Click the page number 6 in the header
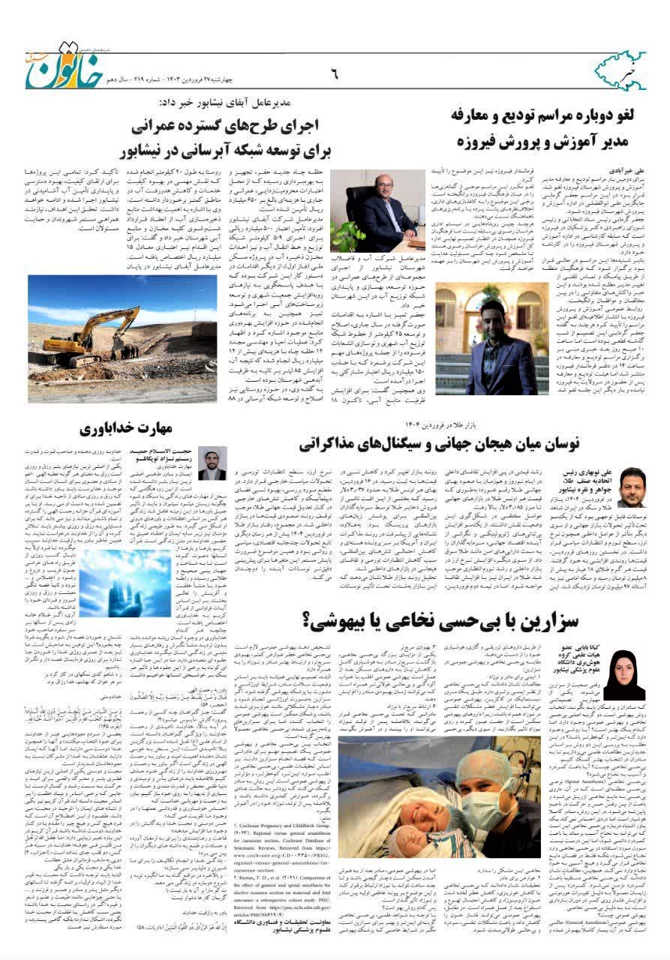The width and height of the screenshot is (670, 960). [x=335, y=74]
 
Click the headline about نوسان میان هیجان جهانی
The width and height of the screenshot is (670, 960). [x=439, y=443]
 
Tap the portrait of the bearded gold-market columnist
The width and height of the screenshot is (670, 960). [x=630, y=487]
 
